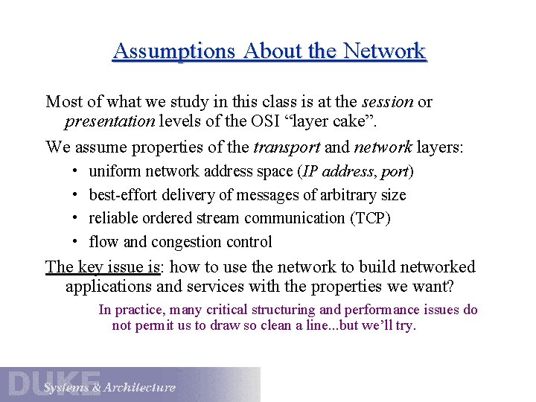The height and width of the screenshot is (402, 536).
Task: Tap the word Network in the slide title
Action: click(383, 51)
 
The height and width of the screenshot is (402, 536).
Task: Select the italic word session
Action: click(387, 101)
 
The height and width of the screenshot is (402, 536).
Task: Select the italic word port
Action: click(395, 172)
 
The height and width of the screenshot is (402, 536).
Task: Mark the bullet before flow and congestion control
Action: click(77, 242)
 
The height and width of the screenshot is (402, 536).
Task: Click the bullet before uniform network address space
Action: click(77, 171)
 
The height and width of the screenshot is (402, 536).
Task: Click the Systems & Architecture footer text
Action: click(109, 387)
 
